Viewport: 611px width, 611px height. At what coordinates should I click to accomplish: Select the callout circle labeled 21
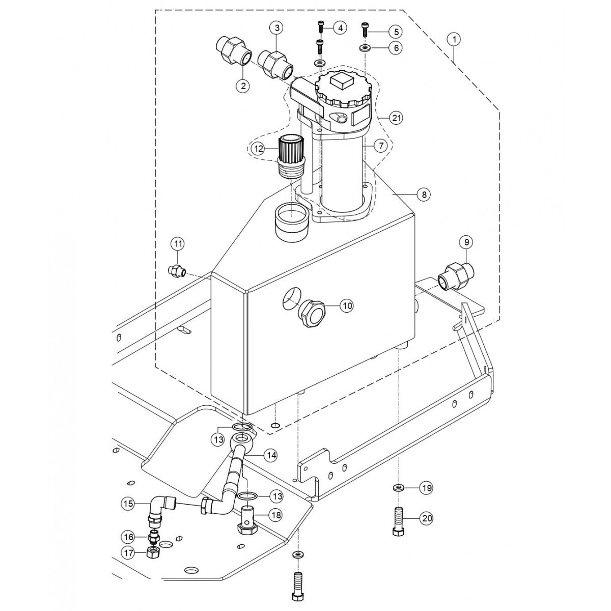click(x=397, y=118)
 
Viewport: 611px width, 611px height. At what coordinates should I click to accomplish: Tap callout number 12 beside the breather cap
click(x=259, y=149)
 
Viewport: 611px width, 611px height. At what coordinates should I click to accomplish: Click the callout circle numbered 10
click(x=346, y=305)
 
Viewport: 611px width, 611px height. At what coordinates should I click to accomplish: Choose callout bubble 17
click(x=128, y=551)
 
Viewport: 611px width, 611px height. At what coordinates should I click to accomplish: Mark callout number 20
click(x=426, y=519)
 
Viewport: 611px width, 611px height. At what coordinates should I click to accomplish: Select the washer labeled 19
click(x=398, y=488)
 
